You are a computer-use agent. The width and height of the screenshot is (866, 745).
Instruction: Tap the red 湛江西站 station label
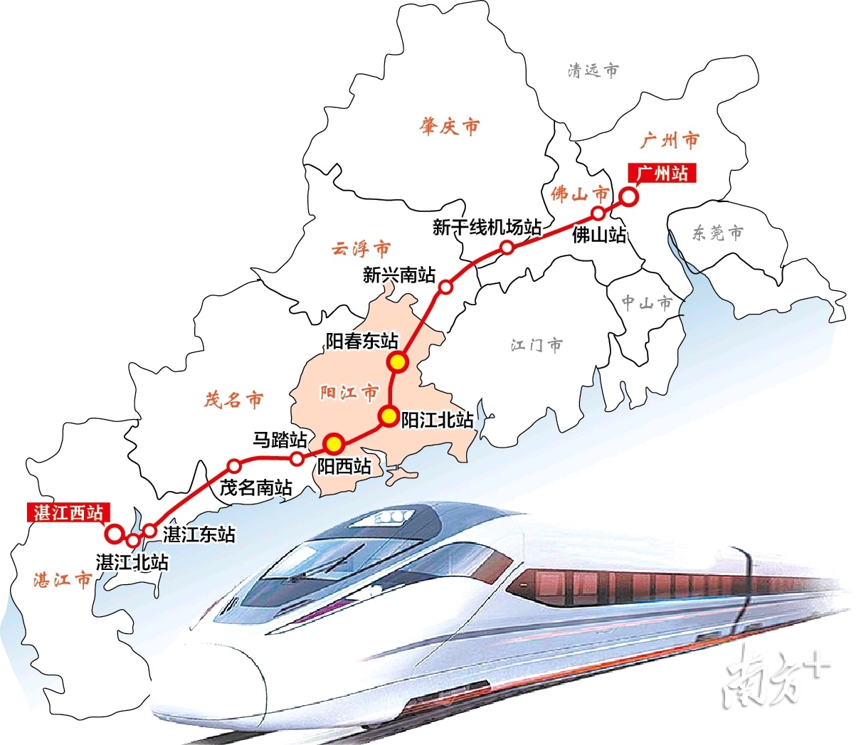68,512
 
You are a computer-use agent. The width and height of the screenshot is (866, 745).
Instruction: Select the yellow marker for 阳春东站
398,363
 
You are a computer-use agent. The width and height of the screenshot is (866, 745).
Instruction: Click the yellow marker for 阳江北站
388,416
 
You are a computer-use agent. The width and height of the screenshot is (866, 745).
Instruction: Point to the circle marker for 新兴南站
445,287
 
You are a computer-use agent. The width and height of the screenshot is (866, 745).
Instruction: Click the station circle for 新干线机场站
507,247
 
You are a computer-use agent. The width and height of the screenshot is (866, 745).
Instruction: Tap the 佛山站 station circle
598,213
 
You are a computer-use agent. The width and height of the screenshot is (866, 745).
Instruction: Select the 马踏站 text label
280,439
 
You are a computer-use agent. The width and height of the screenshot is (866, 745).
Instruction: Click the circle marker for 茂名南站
233,466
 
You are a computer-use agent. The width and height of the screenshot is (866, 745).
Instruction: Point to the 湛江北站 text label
132,561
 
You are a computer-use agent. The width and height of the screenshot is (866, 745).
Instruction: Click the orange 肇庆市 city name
450,127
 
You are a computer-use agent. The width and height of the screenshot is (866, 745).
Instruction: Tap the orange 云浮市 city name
361,249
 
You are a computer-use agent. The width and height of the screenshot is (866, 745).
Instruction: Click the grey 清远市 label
593,70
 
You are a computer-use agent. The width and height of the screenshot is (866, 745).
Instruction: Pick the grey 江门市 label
537,345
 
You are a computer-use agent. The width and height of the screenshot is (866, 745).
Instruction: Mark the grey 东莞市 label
717,233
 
